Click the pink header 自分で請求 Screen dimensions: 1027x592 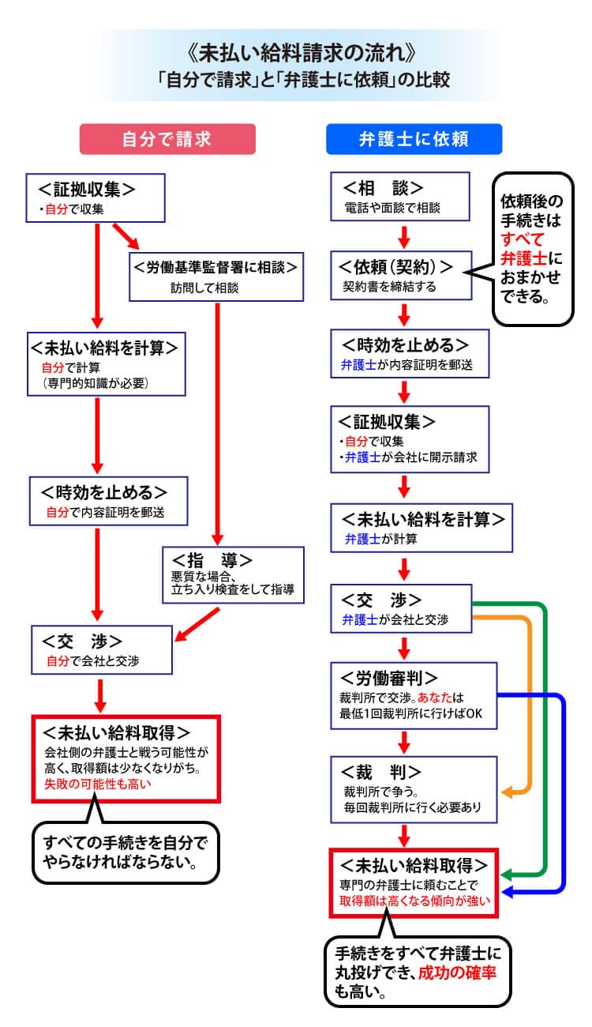(167, 139)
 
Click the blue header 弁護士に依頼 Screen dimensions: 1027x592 (414, 139)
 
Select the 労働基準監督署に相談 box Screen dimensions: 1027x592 (215, 276)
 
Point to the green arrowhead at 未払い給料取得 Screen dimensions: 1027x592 (507, 875)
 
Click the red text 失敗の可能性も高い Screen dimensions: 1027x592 (96, 784)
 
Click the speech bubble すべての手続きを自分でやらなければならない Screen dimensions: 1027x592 (125, 850)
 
